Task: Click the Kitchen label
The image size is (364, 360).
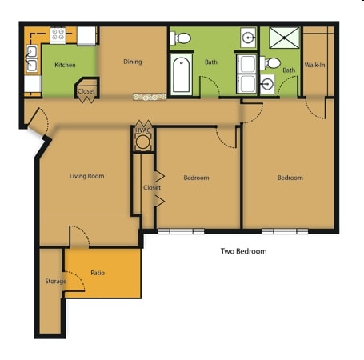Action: tap(65, 65)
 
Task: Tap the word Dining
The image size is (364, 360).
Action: tap(133, 62)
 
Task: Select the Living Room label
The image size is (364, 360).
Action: tap(87, 176)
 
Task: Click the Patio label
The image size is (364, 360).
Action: tap(98, 273)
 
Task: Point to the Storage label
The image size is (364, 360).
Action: tap(56, 281)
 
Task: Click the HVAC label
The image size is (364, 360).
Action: tap(143, 130)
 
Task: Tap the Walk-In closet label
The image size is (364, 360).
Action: tap(315, 65)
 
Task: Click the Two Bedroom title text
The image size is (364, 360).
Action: tap(243, 251)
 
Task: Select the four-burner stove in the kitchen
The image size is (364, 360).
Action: tap(58, 35)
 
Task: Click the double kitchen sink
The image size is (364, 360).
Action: tap(32, 58)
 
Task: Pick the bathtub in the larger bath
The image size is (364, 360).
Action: tap(182, 74)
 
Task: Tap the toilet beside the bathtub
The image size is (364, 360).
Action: tap(181, 38)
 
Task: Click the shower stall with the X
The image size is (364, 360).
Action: tap(284, 38)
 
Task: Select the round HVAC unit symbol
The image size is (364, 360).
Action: tap(142, 142)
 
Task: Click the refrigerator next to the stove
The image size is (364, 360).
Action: tap(86, 36)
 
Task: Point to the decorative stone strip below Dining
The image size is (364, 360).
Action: tap(150, 97)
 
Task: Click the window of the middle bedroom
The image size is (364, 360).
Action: tap(181, 231)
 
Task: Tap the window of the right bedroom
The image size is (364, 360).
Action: tap(285, 231)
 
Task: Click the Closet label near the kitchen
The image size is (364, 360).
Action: tap(86, 91)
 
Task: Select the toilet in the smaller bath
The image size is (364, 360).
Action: tap(270, 63)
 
